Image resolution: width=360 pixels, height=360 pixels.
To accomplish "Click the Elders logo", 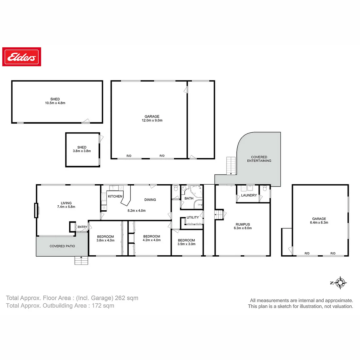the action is click(x=22, y=57).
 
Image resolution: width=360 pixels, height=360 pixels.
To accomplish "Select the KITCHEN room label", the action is click(x=115, y=196).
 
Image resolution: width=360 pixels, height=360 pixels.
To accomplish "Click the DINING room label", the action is click(x=150, y=200).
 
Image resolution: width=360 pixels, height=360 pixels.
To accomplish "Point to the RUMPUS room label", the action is click(x=243, y=224).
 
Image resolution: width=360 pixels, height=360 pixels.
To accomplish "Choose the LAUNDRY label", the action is click(x=249, y=195).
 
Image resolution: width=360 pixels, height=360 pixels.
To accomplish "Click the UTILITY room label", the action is click(x=193, y=217).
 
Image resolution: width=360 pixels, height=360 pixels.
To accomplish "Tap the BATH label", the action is click(x=189, y=198).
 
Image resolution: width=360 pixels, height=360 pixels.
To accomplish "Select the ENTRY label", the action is click(x=82, y=227).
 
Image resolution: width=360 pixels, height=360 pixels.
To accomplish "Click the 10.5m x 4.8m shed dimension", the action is click(x=55, y=103).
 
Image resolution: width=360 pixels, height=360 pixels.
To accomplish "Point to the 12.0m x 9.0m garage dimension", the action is click(x=152, y=120).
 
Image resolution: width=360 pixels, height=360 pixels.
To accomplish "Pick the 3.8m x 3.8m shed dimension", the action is click(x=82, y=151).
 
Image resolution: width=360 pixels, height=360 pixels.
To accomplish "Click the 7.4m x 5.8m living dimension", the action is click(x=66, y=207).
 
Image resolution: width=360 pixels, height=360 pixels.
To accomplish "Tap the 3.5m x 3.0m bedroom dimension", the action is click(x=186, y=244).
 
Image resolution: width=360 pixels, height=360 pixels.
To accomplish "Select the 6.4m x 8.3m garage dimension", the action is click(x=319, y=222).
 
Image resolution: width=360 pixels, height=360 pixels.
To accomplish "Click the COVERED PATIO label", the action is click(x=62, y=246).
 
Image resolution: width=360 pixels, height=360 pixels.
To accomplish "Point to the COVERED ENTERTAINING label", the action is click(x=259, y=159).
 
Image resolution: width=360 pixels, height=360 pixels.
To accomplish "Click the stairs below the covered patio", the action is click(x=81, y=260).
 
